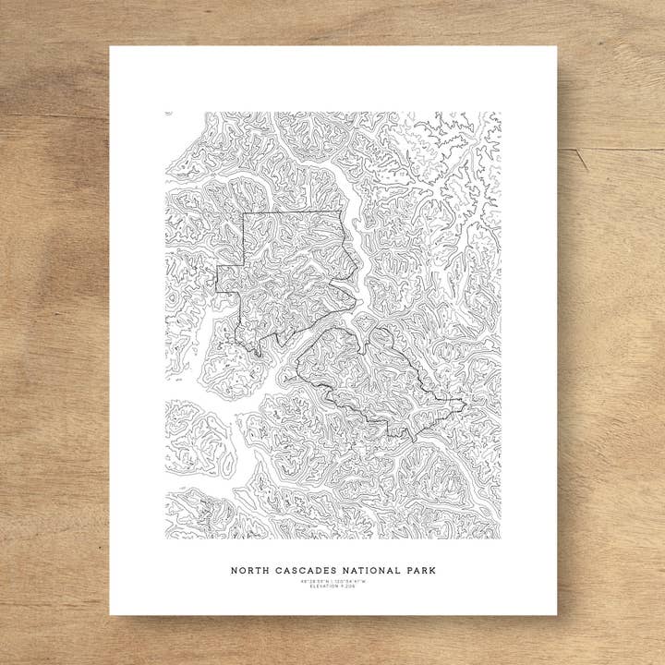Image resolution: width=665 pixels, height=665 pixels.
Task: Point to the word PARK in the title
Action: point(420,571)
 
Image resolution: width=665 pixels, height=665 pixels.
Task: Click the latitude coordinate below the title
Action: point(314,581)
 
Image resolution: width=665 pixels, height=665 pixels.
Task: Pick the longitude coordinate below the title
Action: point(351,581)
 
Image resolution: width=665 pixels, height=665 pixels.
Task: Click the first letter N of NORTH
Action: point(234,571)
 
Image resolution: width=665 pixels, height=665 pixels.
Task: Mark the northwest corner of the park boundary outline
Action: point(243,213)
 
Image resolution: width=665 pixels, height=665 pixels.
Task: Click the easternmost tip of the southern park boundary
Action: point(465,402)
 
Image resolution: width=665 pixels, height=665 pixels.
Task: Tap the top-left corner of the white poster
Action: point(110,46)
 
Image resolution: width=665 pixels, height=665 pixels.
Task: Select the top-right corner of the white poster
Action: point(557,46)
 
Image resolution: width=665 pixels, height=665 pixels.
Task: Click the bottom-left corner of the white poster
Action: point(110,615)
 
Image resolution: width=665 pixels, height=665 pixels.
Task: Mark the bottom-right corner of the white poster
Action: point(557,615)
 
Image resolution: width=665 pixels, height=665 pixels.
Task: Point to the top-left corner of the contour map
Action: point(165,113)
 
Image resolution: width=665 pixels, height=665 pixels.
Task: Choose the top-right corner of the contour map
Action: point(501,113)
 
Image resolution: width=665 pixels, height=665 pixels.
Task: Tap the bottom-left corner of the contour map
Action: point(165,538)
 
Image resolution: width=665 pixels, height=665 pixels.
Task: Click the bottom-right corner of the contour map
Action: point(501,538)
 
